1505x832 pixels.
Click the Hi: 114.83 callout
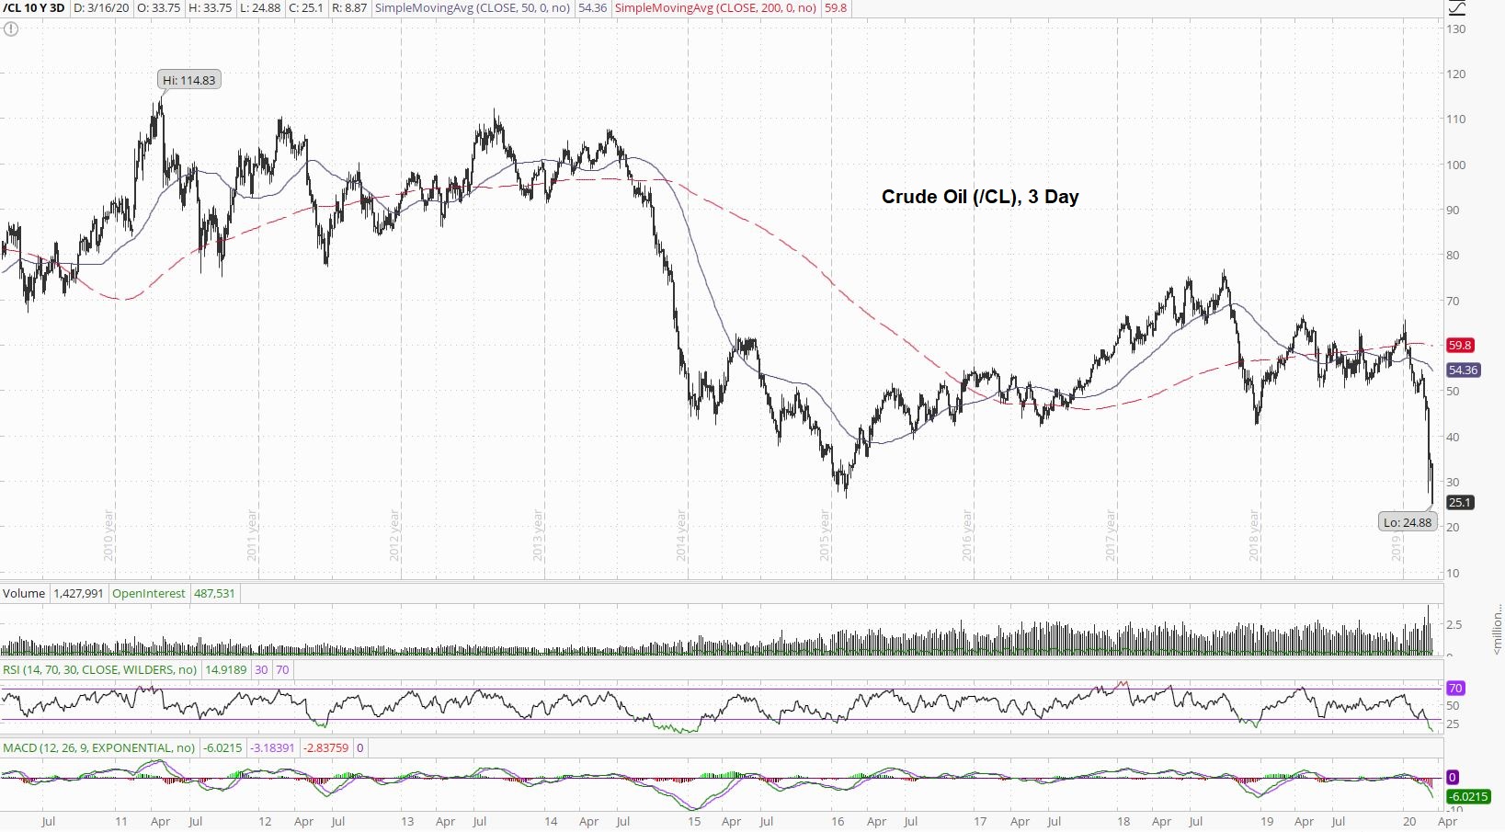pos(189,80)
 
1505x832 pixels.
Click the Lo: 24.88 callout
pos(1408,522)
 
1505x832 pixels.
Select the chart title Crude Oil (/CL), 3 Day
pos(980,197)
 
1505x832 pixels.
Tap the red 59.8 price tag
pos(1460,346)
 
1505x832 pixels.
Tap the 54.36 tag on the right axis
pos(1463,370)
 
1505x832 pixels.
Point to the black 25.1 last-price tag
pos(1460,502)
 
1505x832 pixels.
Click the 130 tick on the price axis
pos(1455,29)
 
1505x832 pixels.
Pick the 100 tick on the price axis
pos(1455,165)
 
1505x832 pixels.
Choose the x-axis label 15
pos(694,822)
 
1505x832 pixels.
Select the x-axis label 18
pos(1123,822)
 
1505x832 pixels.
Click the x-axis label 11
pos(120,822)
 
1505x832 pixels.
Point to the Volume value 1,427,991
pos(78,594)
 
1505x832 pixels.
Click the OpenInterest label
pos(149,594)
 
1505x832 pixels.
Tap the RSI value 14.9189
pos(225,670)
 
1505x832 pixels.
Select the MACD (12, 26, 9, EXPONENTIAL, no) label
pos(99,748)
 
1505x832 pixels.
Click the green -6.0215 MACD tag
pos(1468,796)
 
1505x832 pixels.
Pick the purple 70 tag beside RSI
pos(1455,689)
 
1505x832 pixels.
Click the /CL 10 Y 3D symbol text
pos(34,8)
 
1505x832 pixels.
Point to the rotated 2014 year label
pos(682,535)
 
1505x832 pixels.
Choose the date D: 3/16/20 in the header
pos(101,8)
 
